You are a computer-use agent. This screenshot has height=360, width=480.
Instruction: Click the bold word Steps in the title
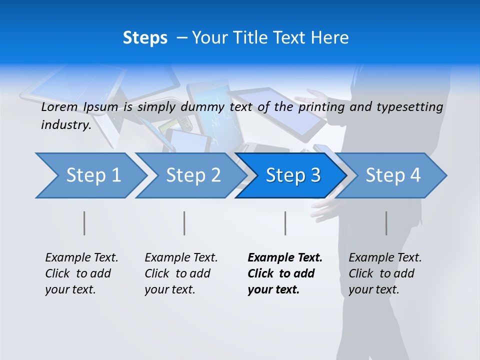pyautogui.click(x=145, y=38)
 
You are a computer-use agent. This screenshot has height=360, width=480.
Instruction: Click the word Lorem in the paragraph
pyautogui.click(x=59, y=106)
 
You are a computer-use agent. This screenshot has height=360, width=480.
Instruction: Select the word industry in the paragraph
pyautogui.click(x=66, y=124)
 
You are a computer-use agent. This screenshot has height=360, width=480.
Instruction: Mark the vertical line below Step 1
pyautogui.click(x=84, y=223)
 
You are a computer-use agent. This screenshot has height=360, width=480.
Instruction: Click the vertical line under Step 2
pyautogui.click(x=184, y=223)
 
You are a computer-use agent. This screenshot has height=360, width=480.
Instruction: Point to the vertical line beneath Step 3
pyautogui.click(x=285, y=223)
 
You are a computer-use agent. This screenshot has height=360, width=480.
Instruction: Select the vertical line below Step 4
pyautogui.click(x=386, y=223)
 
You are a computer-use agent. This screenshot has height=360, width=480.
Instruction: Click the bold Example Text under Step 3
pyautogui.click(x=285, y=258)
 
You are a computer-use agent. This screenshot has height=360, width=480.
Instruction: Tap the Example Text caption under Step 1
pyautogui.click(x=81, y=258)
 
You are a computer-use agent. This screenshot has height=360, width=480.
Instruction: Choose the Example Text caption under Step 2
pyautogui.click(x=181, y=258)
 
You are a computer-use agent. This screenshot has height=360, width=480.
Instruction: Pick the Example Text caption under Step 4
pyautogui.click(x=385, y=258)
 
